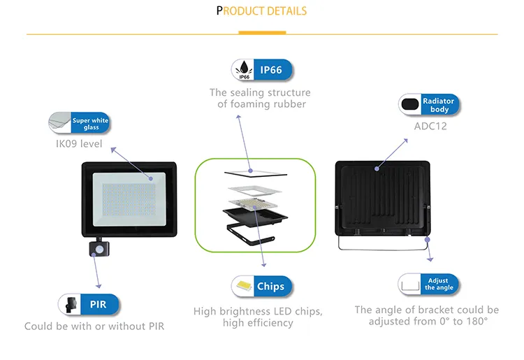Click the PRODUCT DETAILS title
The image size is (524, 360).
tap(261, 10)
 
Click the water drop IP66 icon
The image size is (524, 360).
tap(243, 70)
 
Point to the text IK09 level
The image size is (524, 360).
tap(79, 144)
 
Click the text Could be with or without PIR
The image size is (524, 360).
tap(94, 326)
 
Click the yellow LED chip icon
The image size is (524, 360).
tap(243, 286)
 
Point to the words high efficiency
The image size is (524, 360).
tap(258, 323)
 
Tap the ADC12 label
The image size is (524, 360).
tap(430, 127)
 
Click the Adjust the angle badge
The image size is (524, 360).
tap(439, 284)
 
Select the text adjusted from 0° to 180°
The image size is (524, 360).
tap(428, 322)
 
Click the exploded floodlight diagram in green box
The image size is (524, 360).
tap(255, 205)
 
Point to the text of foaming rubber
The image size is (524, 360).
tap(261, 104)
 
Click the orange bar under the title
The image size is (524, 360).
tap(262, 32)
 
